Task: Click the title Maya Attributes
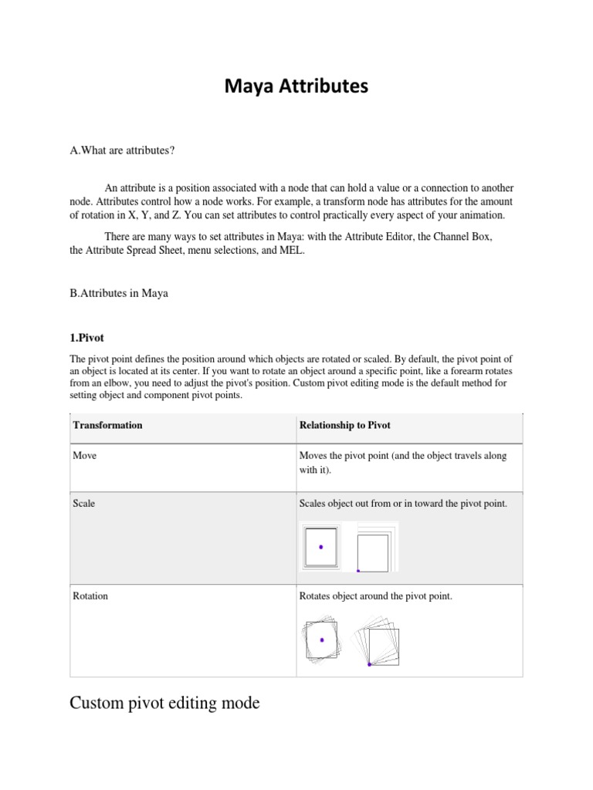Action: pos(296,88)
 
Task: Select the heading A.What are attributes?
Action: pos(122,150)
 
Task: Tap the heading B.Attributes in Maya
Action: pos(119,294)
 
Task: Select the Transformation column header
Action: pos(107,425)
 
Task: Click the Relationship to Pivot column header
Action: pos(344,425)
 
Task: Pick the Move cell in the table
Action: pos(84,456)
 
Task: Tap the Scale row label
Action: pos(83,503)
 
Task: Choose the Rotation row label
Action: pos(90,596)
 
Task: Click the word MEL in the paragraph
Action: pos(293,252)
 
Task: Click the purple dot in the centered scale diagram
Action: pos(321,547)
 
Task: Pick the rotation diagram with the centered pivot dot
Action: pos(321,640)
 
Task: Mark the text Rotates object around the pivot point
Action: pos(374,596)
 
